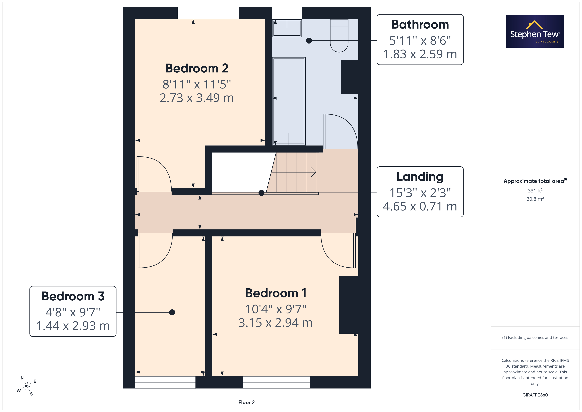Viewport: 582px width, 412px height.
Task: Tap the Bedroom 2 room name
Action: click(197, 68)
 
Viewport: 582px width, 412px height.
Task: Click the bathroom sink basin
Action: click(287, 28)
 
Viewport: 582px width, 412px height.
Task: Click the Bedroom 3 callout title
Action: click(73, 296)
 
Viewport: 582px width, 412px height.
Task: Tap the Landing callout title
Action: click(420, 177)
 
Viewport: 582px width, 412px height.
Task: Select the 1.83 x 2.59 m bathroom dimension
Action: click(420, 54)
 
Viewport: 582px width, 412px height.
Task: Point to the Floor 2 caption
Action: click(246, 402)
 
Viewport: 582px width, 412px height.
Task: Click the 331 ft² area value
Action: click(535, 190)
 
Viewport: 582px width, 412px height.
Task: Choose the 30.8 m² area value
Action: click(535, 199)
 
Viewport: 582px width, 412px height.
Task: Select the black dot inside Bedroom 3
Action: click(172, 312)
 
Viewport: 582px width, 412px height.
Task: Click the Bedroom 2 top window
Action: click(208, 13)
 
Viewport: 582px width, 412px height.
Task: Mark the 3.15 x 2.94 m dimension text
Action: click(275, 323)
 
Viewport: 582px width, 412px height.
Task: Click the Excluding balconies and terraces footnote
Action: click(535, 337)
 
